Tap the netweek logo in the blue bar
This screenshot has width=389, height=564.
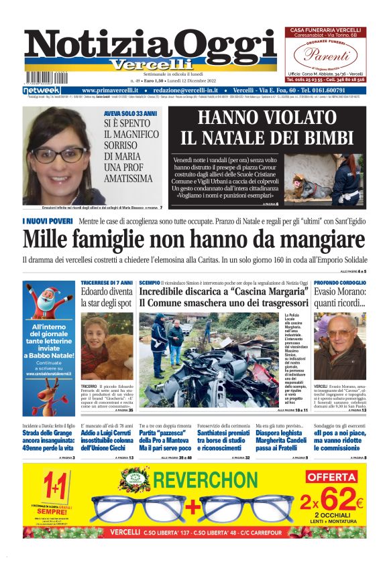pyautogui.click(x=42, y=90)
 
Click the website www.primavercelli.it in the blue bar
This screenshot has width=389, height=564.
pyautogui.click(x=110, y=90)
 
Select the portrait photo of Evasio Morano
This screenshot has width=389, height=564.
pyautogui.click(x=339, y=345)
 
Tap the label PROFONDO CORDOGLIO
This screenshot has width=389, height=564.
pyautogui.click(x=340, y=283)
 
